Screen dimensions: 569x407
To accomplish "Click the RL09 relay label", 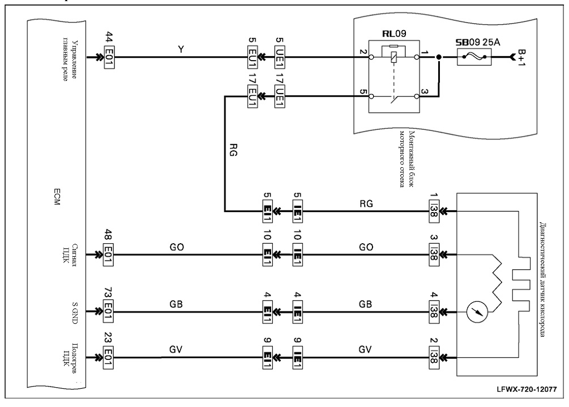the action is pos(394,34).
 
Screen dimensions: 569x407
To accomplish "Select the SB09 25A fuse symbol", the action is pos(474,57).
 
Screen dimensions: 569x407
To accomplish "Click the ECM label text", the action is pos(56,197).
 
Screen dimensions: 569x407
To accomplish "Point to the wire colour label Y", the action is pos(181,49).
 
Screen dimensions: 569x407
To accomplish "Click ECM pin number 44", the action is pos(109,39).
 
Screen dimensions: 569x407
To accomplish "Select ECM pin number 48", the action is pos(108,236).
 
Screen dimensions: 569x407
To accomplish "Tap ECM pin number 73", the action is pos(108,293).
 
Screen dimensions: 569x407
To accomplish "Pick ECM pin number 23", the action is pos(108,338).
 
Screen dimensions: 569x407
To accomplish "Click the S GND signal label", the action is pos(74,313).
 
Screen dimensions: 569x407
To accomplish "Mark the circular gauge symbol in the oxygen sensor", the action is pos(477,312).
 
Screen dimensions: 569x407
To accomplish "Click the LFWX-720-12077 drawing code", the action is pos(527,389).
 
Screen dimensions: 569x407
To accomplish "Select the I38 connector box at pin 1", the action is pos(434,210).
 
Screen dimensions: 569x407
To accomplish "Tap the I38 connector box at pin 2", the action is pos(434,358).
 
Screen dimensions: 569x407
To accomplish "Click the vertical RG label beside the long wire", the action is pos(234,149).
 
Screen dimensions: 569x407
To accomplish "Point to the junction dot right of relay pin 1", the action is pos(439,57).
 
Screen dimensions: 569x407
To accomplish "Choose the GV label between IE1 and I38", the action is pos(365,350).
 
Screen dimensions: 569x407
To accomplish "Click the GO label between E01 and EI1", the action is pos(177,247).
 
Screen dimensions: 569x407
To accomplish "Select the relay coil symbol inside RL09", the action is pos(394,57).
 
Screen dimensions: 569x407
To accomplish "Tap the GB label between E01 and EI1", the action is pos(176,304).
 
